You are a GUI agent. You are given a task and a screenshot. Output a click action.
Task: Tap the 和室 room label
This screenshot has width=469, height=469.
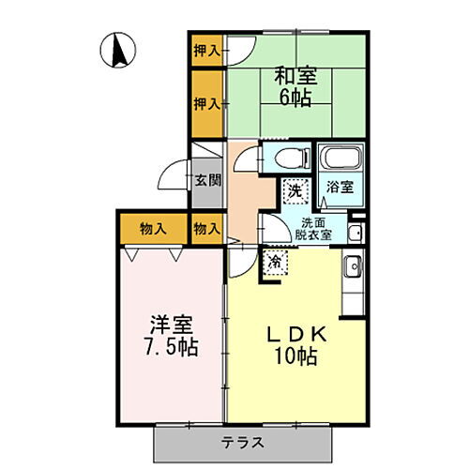coord(295,74)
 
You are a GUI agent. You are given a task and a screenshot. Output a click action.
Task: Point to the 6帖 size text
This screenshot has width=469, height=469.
coord(295,97)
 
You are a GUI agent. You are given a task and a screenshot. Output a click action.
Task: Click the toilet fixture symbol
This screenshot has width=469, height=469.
coord(285,156)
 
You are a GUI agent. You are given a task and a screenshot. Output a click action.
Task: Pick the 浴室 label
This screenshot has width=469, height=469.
coord(339,186)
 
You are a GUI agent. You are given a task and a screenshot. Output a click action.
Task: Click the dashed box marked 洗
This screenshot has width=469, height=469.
coord(295,190)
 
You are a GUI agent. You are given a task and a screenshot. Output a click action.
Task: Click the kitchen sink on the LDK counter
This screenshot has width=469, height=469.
coord(352,267)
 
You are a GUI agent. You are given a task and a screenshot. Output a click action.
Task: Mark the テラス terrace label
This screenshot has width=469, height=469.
coord(243,442)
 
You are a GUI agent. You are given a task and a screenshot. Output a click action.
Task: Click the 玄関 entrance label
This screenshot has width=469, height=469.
coord(206,179)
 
